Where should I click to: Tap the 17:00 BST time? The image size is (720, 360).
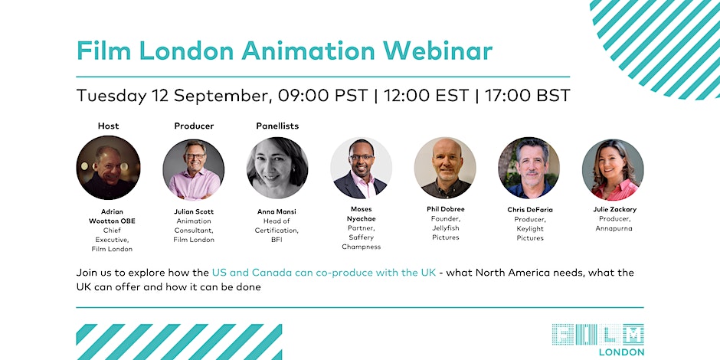click(x=527, y=96)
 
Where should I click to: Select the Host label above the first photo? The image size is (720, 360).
click(x=108, y=126)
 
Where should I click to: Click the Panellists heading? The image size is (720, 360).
click(x=277, y=126)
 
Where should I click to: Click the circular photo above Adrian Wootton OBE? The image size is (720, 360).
click(x=108, y=168)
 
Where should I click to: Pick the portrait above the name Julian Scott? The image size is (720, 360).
click(x=193, y=169)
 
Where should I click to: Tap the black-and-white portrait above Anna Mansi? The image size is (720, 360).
click(x=277, y=168)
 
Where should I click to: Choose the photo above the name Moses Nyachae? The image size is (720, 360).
click(x=361, y=168)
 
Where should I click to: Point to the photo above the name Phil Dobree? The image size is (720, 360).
click(x=445, y=168)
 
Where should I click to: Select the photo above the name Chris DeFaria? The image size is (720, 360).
click(x=529, y=168)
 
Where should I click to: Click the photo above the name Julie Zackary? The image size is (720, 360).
click(x=613, y=169)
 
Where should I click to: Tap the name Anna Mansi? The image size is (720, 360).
click(x=277, y=211)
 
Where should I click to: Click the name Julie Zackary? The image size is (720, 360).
click(x=614, y=209)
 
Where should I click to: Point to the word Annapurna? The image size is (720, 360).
click(x=614, y=228)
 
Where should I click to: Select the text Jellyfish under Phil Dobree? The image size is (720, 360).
click(x=446, y=227)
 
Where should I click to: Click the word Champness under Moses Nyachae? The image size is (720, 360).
click(x=361, y=247)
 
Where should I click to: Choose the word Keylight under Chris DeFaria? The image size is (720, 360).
click(x=530, y=228)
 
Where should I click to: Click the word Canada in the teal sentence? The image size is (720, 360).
click(x=271, y=272)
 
